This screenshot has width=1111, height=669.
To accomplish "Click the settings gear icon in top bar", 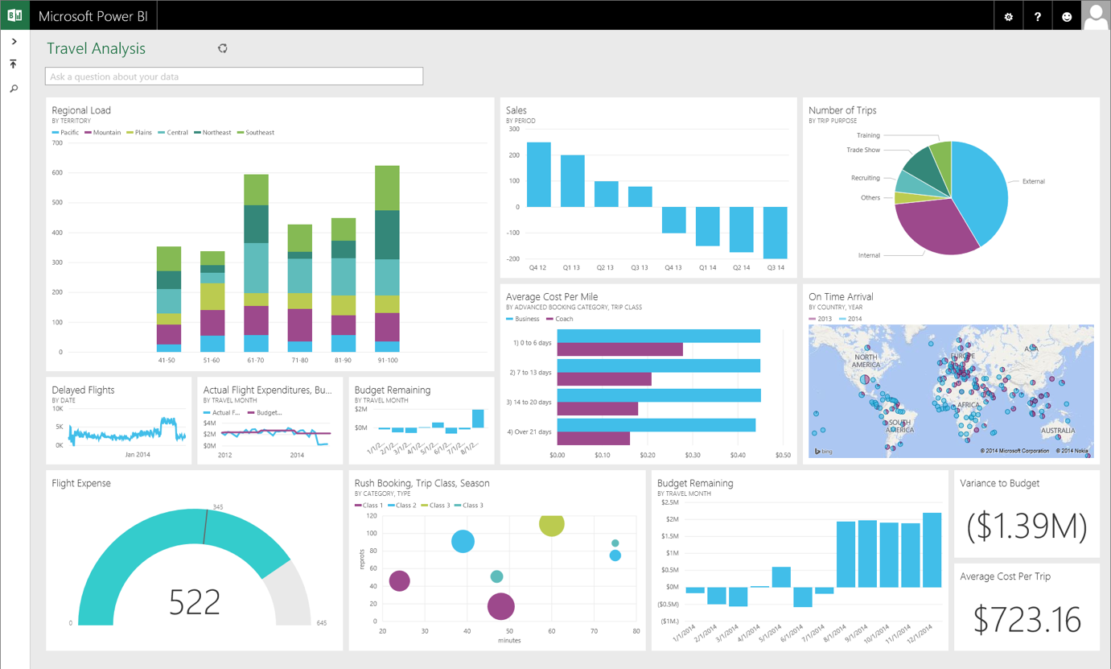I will [x=1008, y=16].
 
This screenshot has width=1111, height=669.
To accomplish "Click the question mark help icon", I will [x=1037, y=16].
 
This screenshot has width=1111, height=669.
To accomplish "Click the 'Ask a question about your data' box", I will [x=234, y=76].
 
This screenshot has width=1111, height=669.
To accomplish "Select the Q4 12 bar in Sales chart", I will [x=538, y=175].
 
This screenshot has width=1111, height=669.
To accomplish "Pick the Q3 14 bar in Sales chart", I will [x=775, y=233].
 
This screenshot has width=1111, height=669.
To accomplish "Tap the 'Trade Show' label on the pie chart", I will [x=862, y=150].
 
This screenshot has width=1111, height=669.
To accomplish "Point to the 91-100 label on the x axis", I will [x=387, y=361].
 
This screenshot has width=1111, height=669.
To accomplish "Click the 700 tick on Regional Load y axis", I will [x=57, y=143].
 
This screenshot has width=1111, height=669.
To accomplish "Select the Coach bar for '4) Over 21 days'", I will [x=593, y=439].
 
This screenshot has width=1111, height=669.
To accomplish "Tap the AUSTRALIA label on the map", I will [x=1059, y=430].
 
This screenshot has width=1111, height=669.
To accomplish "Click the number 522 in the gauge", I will [x=195, y=602].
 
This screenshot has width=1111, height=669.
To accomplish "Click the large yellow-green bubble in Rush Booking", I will [x=551, y=524].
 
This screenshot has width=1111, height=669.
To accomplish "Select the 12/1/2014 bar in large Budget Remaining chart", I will [x=932, y=550].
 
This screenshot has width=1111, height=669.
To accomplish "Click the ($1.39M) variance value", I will [x=1027, y=526].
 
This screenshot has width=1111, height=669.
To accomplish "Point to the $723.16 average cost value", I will [x=1027, y=619].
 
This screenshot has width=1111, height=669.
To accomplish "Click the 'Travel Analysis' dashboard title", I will [x=96, y=48].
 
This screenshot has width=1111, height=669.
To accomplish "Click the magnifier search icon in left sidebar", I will [x=14, y=89].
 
